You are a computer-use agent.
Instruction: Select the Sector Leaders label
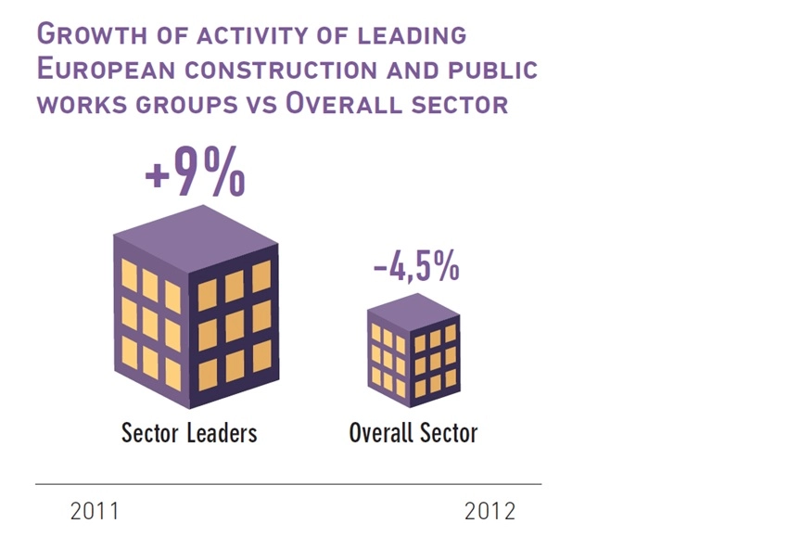189,433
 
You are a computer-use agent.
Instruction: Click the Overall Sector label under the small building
413,433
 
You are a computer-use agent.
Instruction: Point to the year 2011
95,512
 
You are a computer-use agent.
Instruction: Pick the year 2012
489,512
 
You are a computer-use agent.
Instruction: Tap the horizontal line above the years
287,484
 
